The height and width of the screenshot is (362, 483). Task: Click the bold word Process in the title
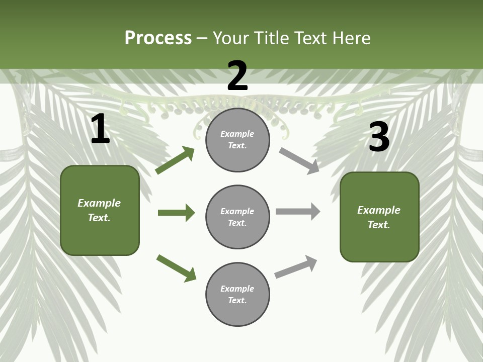click(158, 38)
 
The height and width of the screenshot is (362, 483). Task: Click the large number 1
click(100, 129)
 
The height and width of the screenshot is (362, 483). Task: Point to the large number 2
click(237, 76)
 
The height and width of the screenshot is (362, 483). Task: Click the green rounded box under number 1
click(100, 210)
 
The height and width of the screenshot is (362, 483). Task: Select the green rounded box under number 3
click(379, 217)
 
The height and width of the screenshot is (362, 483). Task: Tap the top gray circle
click(237, 140)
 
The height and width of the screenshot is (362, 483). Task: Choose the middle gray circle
click(237, 217)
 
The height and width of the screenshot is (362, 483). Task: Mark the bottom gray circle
click(237, 294)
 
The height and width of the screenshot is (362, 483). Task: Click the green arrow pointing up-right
click(175, 160)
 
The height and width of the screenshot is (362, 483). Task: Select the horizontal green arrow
click(176, 213)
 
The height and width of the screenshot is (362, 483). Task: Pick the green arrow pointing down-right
click(177, 268)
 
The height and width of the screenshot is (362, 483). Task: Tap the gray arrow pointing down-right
click(299, 161)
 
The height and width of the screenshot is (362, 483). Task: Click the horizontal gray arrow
click(298, 211)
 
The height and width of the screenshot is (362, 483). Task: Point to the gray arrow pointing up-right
click(296, 266)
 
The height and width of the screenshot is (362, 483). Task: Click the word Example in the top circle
click(237, 134)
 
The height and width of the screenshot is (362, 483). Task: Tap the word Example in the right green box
click(379, 210)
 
